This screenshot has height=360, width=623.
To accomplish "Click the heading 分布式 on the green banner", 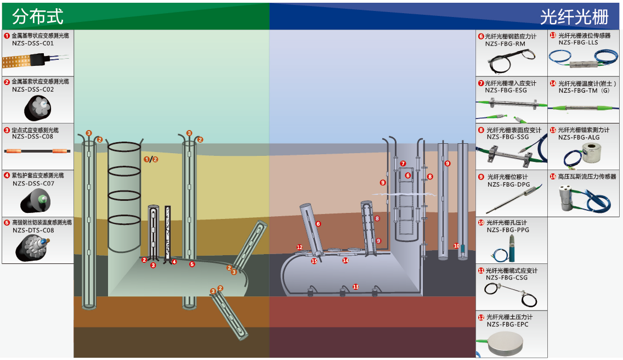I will [38, 16].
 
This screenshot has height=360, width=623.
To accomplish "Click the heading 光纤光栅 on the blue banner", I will [574, 17].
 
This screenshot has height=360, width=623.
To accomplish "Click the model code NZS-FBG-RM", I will [505, 44].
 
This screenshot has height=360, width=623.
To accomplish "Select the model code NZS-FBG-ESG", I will [506, 91].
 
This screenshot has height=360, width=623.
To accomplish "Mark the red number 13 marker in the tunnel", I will [355, 287].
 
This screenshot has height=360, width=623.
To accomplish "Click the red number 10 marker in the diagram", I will [456, 246].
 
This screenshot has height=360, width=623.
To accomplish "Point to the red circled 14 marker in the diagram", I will [346, 261].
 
